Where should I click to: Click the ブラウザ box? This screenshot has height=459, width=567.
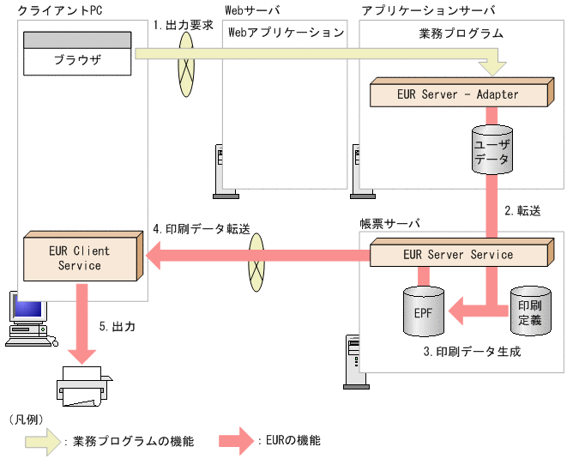(77, 60)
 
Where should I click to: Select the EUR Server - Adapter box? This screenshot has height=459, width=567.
(458, 94)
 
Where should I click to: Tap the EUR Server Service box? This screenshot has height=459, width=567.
(458, 255)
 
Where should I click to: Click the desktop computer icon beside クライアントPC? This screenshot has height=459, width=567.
(26, 319)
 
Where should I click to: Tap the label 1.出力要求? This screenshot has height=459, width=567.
(183, 26)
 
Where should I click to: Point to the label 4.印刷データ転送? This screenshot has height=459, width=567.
(201, 229)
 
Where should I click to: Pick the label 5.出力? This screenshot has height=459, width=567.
(117, 327)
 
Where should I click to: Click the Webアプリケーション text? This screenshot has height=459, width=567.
(284, 33)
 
